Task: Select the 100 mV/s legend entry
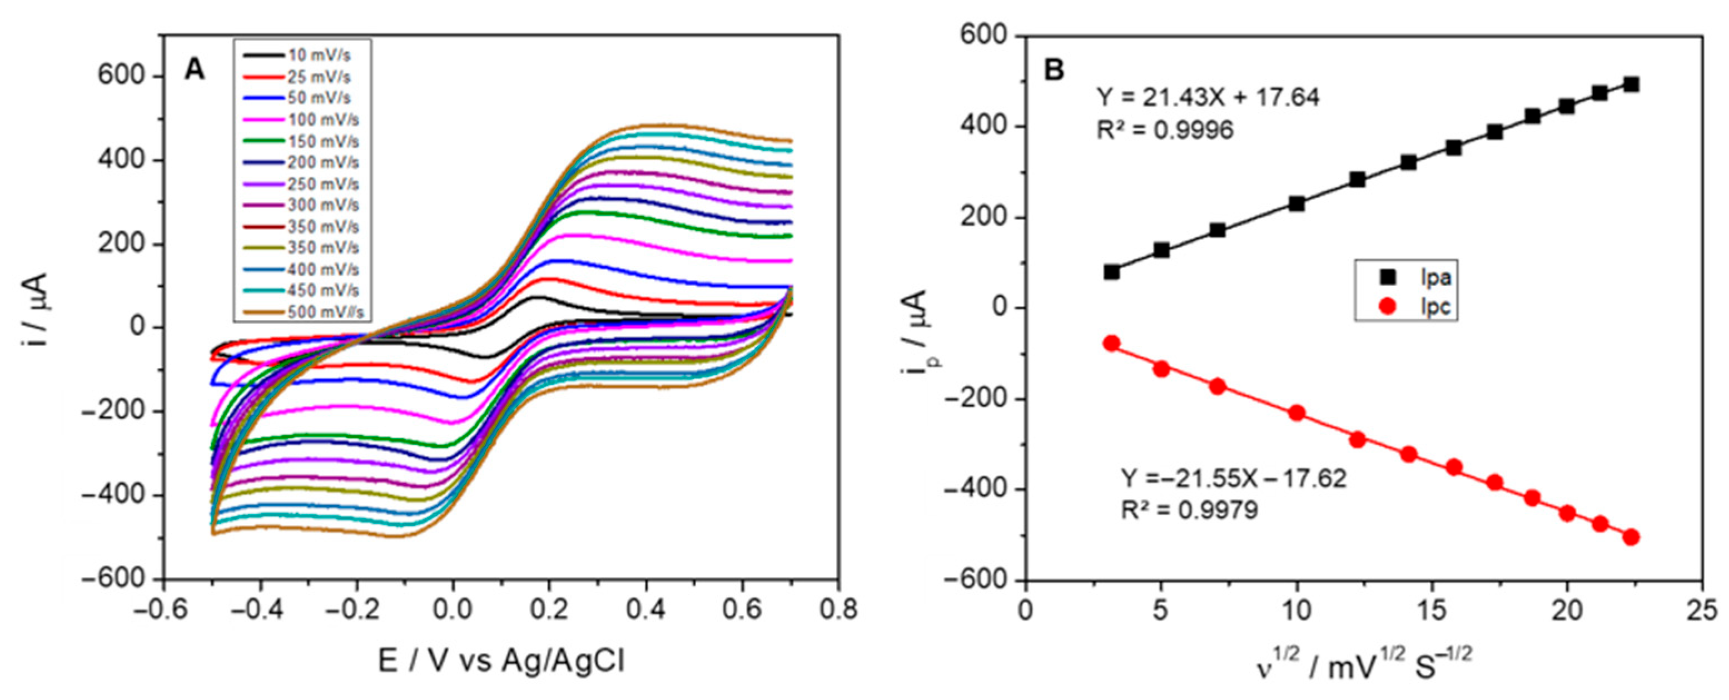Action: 301,120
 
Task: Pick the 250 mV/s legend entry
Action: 301,184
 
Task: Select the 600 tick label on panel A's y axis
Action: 122,76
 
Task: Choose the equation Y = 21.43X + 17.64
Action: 1208,98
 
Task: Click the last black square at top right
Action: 1632,84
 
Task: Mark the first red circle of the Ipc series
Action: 1111,343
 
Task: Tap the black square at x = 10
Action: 1296,203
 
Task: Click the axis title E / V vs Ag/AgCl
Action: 501,662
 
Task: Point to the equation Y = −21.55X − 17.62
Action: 1234,479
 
